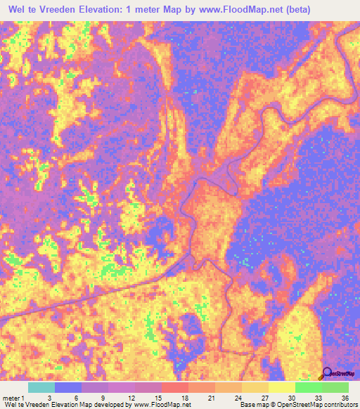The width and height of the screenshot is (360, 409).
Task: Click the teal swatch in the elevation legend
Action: coord(41,387)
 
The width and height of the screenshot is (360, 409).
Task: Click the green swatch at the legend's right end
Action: coord(335,387)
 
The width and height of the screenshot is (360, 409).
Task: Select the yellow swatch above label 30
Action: coord(282,387)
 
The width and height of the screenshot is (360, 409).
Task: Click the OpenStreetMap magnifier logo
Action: coord(327,375)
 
